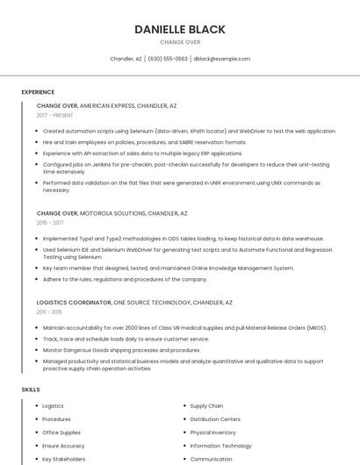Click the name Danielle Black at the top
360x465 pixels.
[180, 29]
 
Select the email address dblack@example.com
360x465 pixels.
[221, 59]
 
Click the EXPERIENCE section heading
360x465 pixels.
[38, 92]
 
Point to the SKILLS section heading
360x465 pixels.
[31, 389]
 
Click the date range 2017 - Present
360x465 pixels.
[54, 116]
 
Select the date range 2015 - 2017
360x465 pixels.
[50, 223]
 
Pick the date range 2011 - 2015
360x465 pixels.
[49, 311]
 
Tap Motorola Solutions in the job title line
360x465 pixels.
[112, 213]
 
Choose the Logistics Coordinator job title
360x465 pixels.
[74, 302]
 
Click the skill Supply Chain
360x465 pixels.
[206, 406]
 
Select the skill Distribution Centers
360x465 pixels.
[215, 419]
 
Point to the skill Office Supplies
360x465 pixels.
[61, 433]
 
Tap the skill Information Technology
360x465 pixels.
[220, 446]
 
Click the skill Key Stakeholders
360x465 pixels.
[64, 459]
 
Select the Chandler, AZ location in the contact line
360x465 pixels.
[126, 59]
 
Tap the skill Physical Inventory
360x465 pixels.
[212, 433]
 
